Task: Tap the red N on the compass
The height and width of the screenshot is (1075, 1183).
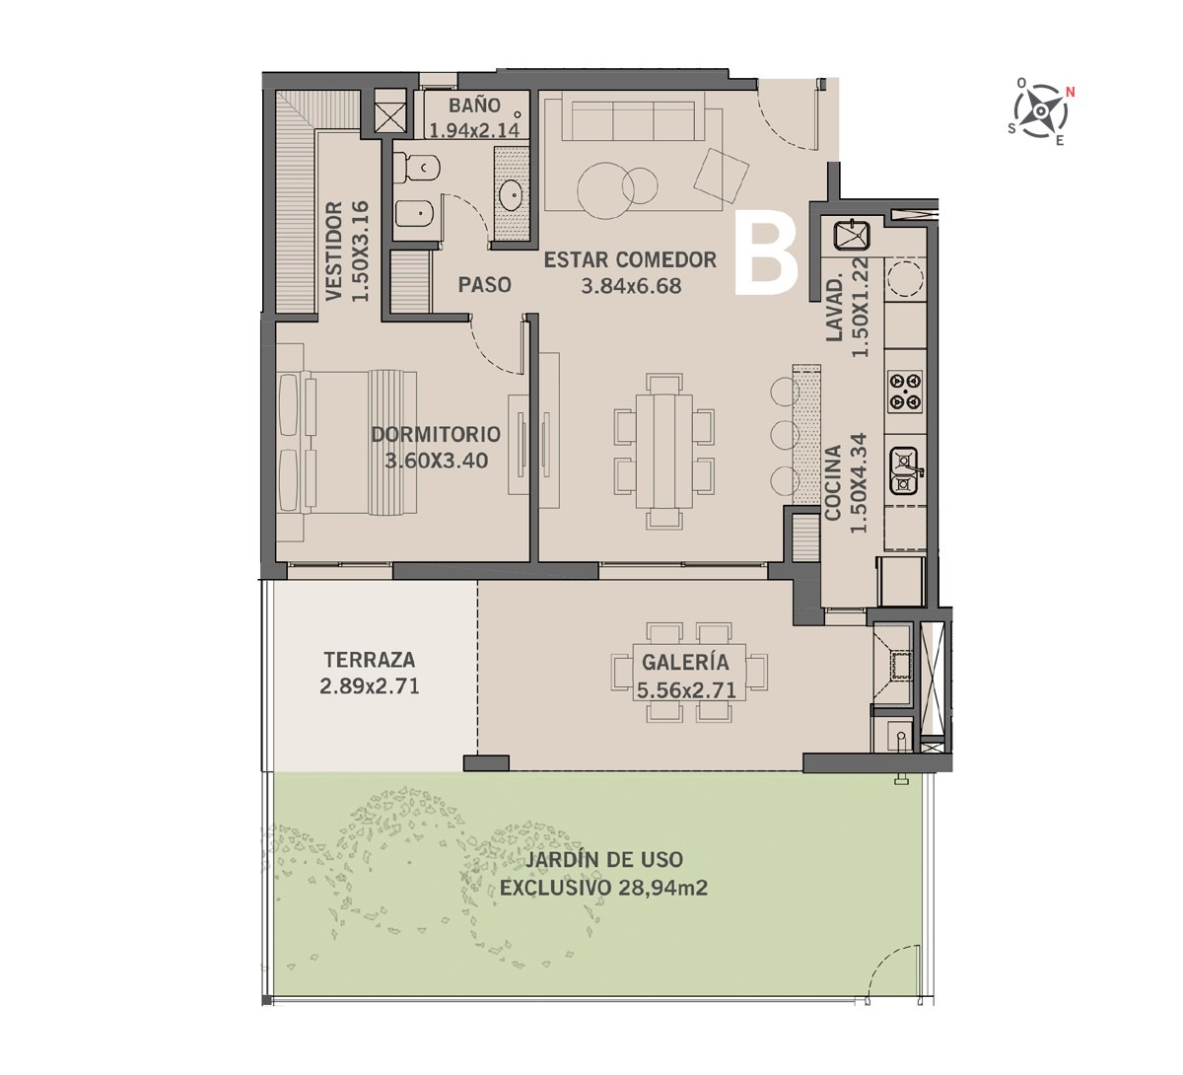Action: click(x=1071, y=92)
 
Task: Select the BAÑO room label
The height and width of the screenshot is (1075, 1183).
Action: click(x=475, y=106)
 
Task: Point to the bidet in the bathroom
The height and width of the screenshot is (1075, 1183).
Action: click(x=418, y=214)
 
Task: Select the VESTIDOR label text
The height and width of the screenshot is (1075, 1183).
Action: click(x=334, y=251)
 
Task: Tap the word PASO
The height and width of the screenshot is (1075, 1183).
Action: click(x=485, y=285)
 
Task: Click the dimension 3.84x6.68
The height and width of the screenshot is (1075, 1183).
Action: click(x=631, y=286)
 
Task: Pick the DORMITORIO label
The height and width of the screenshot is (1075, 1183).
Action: click(x=436, y=434)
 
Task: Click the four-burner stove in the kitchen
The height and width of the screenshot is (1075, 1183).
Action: click(x=905, y=391)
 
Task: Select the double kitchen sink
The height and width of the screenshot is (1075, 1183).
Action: click(x=905, y=470)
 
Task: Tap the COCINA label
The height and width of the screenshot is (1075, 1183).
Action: click(x=833, y=482)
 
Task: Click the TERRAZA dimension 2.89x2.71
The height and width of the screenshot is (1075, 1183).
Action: click(x=369, y=686)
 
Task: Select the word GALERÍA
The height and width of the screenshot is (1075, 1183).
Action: click(x=685, y=663)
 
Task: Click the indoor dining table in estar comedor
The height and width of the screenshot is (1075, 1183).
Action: click(x=664, y=452)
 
